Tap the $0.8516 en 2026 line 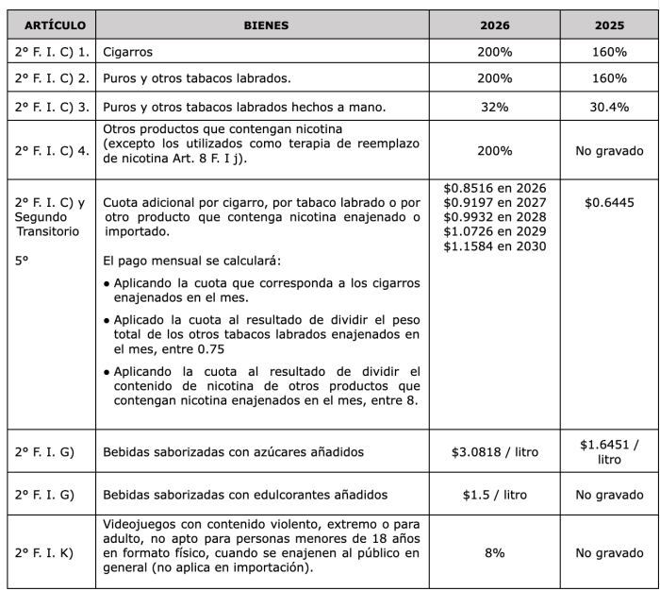tap(494, 187)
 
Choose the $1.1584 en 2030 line tap(494, 245)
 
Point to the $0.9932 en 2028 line tap(494, 216)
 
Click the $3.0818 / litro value tap(494, 452)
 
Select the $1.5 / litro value tap(494, 495)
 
